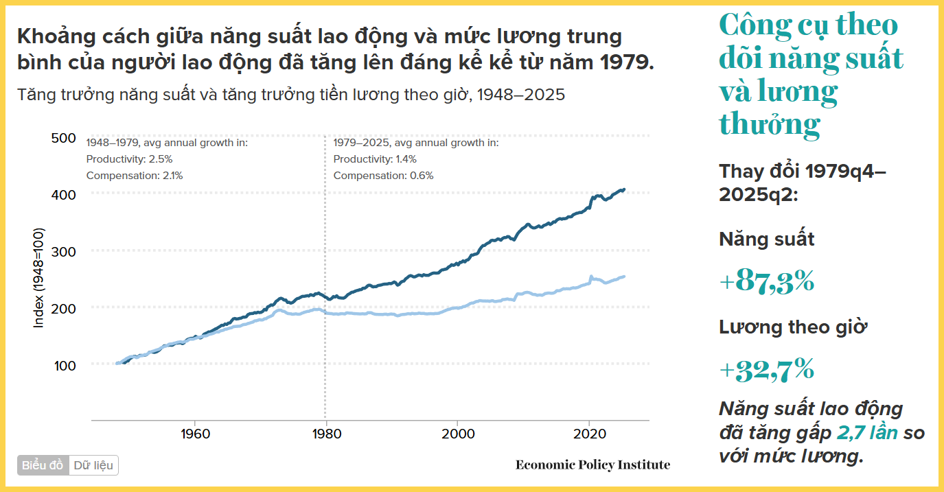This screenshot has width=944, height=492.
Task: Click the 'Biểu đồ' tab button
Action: tap(43, 465)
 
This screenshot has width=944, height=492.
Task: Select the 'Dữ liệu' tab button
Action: tap(93, 465)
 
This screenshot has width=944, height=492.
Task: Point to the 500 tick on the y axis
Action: tap(64, 138)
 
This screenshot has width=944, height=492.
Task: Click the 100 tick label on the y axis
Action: tap(64, 365)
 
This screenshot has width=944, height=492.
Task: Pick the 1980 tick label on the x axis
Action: tap(326, 434)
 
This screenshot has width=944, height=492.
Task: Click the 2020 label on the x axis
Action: tap(588, 434)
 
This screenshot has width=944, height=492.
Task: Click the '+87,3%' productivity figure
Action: tap(767, 281)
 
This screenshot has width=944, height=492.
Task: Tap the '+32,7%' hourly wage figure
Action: tap(767, 370)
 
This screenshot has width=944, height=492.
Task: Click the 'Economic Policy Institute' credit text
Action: tap(592, 465)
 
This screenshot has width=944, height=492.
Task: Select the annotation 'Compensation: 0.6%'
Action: tap(383, 176)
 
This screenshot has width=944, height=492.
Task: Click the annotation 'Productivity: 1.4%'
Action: tap(375, 159)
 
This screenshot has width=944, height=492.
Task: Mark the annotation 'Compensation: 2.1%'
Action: tap(135, 176)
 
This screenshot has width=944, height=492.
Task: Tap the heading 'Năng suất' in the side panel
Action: tap(767, 239)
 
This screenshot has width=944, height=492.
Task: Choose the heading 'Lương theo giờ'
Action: tap(793, 327)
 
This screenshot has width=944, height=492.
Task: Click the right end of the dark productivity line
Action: tap(623, 189)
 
